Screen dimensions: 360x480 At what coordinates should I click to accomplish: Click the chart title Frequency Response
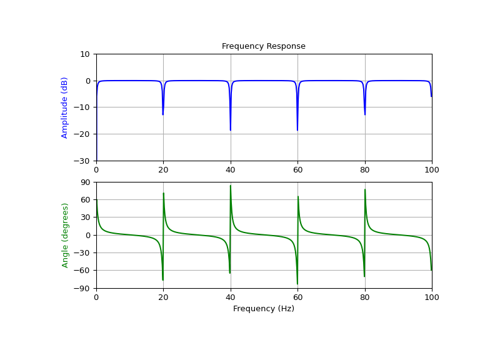point(263,46)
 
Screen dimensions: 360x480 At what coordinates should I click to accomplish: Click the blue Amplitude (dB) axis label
point(64,107)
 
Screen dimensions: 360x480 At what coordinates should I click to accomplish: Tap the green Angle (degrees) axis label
point(64,235)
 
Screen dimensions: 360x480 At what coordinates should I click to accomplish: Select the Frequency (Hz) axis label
point(263,309)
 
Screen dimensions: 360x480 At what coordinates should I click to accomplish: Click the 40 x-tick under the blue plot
point(231,169)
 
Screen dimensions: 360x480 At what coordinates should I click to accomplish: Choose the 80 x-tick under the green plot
point(365,297)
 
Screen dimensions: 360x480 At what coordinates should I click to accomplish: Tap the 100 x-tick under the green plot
point(432,297)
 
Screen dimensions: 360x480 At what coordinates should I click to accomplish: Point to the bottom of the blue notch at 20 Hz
point(163,114)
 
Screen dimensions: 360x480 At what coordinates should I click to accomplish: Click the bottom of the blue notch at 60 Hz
point(297,130)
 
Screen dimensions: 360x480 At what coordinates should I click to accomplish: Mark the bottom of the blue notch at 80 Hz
point(365,114)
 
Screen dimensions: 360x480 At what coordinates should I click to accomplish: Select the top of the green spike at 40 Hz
point(231,186)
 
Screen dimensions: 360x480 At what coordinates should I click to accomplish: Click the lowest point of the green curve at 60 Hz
point(297,284)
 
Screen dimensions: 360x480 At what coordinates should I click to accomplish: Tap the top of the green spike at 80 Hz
point(365,190)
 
